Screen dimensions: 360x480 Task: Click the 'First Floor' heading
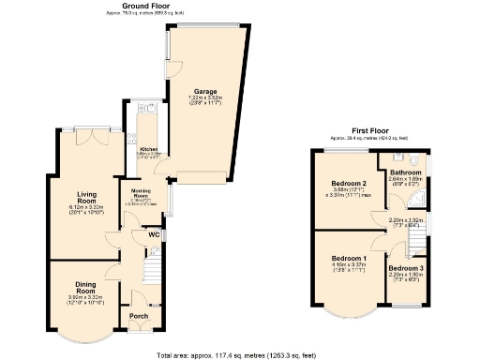370,132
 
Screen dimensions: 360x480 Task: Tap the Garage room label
205,91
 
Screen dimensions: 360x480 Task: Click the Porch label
138,316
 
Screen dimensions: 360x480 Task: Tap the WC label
153,234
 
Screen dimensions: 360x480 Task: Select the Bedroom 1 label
349,258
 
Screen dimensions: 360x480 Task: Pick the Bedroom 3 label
405,269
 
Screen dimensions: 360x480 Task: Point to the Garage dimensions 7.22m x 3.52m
205,99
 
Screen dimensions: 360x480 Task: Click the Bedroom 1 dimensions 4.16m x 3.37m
349,264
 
